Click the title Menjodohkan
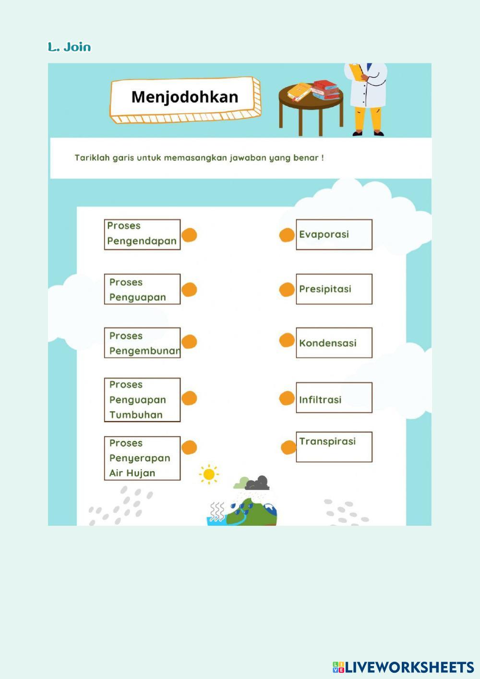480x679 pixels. point(185,97)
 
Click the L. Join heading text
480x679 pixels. point(69,47)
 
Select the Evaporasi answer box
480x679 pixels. point(334,234)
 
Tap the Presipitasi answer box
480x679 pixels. point(334,289)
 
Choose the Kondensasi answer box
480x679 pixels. point(334,343)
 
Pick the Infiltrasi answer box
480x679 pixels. point(334,398)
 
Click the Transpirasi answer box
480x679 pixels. point(334,447)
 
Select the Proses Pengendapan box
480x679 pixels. point(142,234)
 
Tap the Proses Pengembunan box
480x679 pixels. point(142,343)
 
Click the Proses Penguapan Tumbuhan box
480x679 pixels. point(142,400)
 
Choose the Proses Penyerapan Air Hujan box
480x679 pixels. point(142,458)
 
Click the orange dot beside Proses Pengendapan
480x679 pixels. point(190,235)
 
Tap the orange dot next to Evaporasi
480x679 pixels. point(287,235)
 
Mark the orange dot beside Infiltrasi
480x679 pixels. point(287,398)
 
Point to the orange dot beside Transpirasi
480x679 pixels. point(288,448)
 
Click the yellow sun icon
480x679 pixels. point(209,474)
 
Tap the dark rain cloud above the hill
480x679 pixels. point(258,482)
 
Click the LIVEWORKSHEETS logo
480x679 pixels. point(403,667)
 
